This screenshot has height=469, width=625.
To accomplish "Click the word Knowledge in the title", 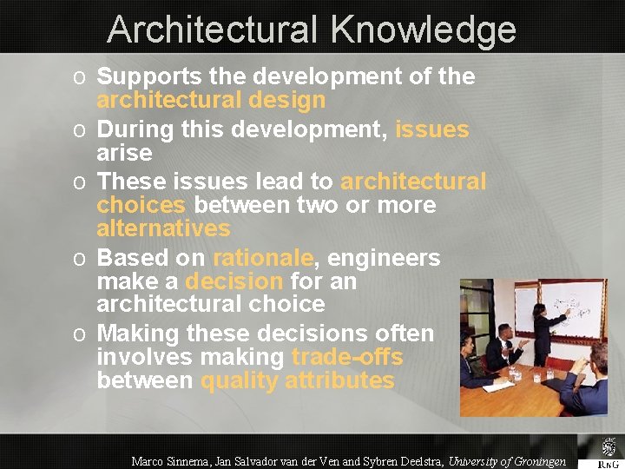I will pyautogui.click(x=423, y=30).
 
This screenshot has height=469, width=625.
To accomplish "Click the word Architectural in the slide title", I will pyautogui.click(x=214, y=30).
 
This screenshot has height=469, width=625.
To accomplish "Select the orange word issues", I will pyautogui.click(x=431, y=129).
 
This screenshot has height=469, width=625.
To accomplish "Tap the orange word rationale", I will pyautogui.click(x=262, y=258).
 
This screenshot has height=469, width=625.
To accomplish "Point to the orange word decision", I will pyautogui.click(x=234, y=281).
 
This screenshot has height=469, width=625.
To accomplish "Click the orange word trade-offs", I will pyautogui.click(x=347, y=357).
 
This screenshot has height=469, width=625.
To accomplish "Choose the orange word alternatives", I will pyautogui.click(x=163, y=228).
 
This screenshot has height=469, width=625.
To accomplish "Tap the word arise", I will pyautogui.click(x=124, y=153).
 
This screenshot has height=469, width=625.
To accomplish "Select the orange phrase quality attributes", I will pyautogui.click(x=298, y=380).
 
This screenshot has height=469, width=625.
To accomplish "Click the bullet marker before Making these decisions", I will pyautogui.click(x=78, y=334).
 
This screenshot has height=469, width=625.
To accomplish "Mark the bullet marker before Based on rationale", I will pyautogui.click(x=78, y=259).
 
